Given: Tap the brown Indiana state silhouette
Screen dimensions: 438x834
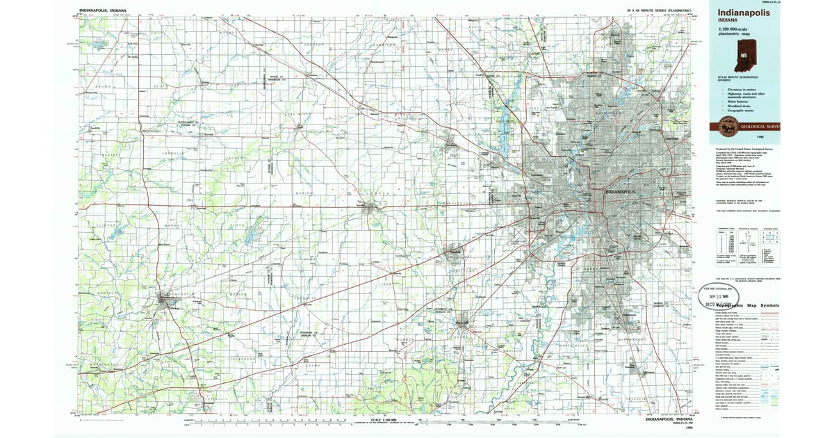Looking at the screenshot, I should (x=749, y=58).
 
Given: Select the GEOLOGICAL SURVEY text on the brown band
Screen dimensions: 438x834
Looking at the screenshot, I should (x=758, y=127).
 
